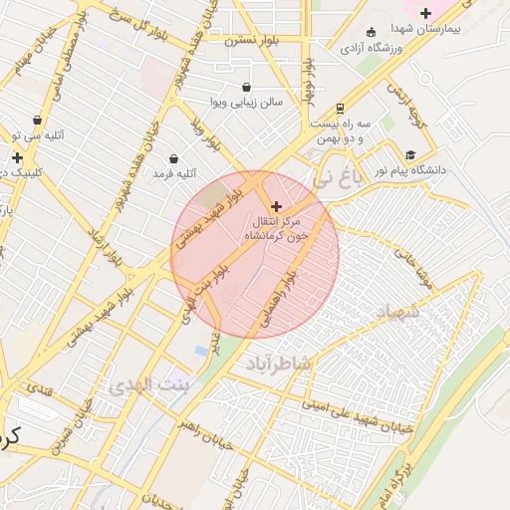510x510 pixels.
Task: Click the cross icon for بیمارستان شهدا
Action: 426,13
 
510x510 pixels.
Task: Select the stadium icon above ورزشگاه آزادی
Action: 372,31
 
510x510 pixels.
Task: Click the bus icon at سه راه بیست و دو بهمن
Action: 341,108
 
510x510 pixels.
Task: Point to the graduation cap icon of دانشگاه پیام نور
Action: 410,154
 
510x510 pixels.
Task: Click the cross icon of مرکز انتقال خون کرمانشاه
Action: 276,205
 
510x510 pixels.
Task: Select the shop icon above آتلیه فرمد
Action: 174,158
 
